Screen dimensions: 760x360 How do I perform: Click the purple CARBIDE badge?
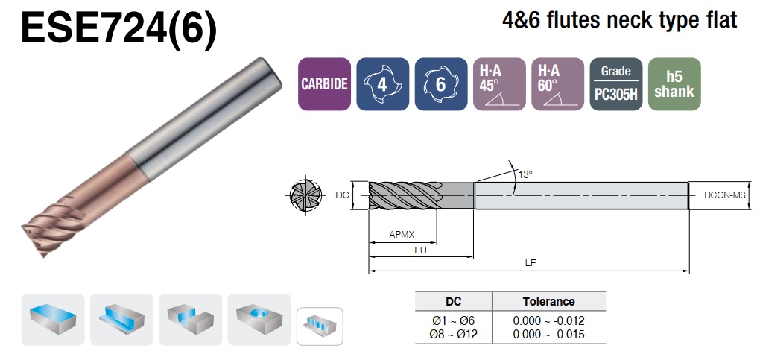click(324, 84)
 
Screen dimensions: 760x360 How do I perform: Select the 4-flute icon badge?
click(382, 84)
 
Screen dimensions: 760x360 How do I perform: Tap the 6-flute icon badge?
click(441, 84)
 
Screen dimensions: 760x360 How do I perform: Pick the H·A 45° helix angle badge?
click(499, 84)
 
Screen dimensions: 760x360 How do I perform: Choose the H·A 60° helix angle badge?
click(558, 84)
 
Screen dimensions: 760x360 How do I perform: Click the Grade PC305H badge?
click(616, 84)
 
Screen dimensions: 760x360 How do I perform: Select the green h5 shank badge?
click(675, 84)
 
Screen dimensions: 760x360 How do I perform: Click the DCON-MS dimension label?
click(725, 195)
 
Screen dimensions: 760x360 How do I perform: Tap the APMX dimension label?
click(402, 235)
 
